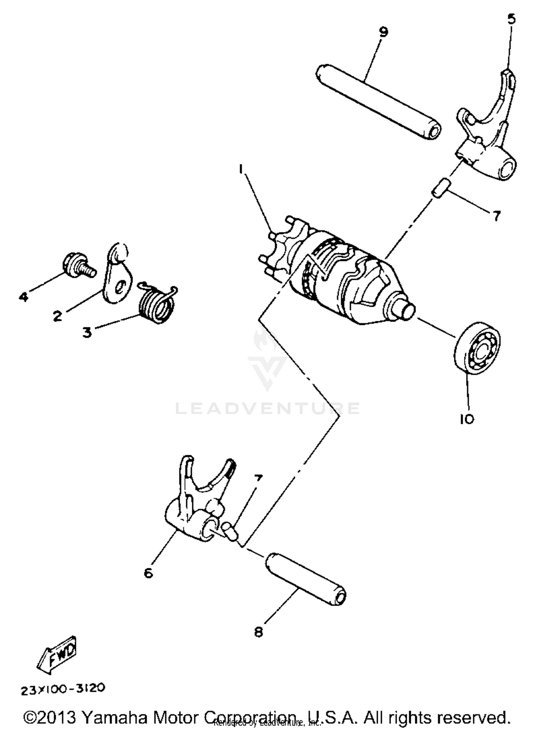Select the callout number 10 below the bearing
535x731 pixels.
(x=467, y=419)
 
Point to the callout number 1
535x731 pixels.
(x=241, y=169)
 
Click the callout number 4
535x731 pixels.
(x=24, y=296)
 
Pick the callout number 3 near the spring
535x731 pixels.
(x=87, y=332)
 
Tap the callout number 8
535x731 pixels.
(x=259, y=632)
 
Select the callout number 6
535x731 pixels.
(x=148, y=573)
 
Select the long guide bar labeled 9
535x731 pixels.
(x=378, y=102)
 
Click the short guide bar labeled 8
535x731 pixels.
(x=306, y=579)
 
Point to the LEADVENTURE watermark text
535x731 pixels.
(x=267, y=408)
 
